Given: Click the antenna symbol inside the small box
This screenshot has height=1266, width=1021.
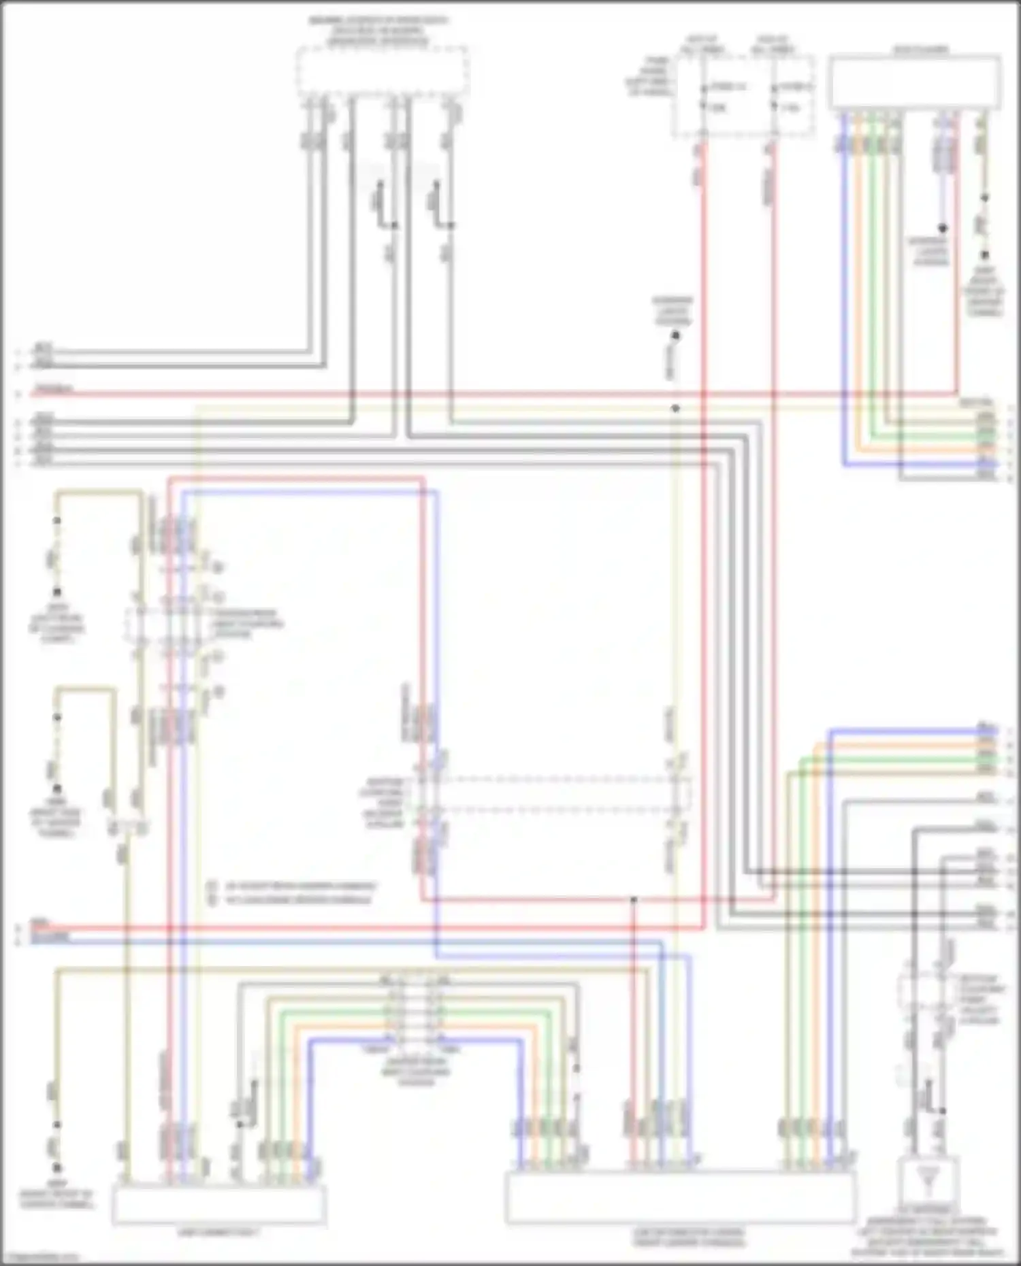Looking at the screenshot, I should (927, 1180).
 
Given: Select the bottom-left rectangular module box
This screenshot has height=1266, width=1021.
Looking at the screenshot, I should (218, 1203).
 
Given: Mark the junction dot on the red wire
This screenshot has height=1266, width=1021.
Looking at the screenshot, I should (633, 899).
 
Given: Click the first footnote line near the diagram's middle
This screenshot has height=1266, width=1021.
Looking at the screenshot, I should (293, 886).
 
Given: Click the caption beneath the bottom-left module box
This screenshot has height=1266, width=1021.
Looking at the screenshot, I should (218, 1232).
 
